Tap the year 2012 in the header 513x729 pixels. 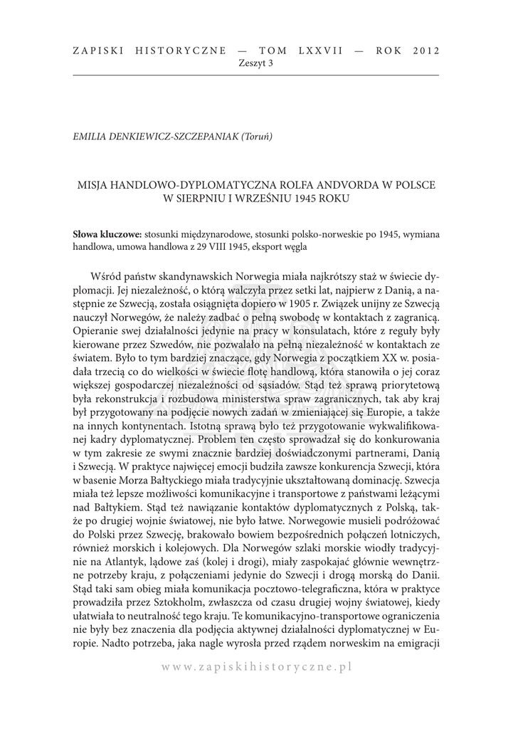click(424, 51)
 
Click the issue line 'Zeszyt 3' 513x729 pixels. click(256, 63)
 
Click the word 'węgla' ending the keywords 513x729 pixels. click(293, 246)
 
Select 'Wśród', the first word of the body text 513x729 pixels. click(107, 276)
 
